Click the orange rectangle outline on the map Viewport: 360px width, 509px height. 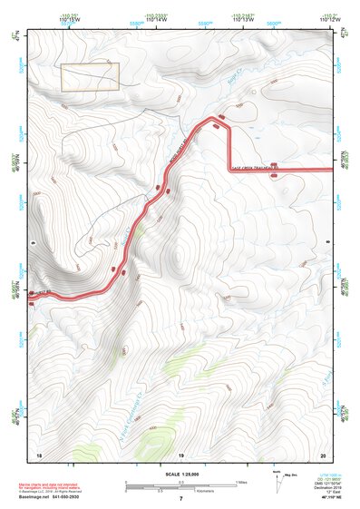click(90, 77)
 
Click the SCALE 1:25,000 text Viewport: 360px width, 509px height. click(180, 475)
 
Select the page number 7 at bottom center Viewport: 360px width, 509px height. click(180, 499)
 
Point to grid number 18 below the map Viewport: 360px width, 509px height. click(39, 454)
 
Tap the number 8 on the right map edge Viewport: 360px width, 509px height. click(327, 242)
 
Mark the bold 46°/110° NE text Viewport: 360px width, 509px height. click(322, 497)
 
